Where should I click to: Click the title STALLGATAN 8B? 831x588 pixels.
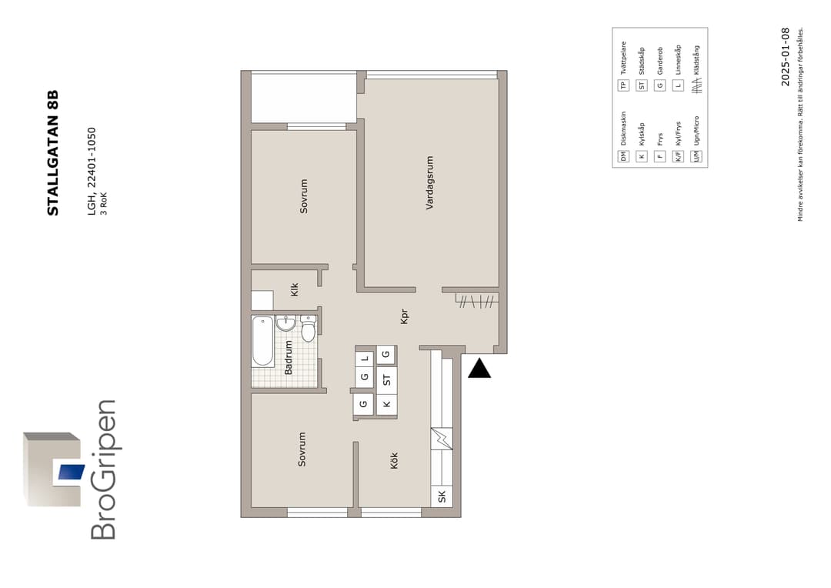pyautogui.click(x=52, y=152)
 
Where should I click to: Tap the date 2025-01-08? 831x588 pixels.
pyautogui.click(x=785, y=57)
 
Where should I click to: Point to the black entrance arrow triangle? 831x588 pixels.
pyautogui.click(x=479, y=368)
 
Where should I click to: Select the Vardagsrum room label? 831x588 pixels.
pyautogui.click(x=429, y=182)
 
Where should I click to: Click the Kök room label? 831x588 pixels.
pyautogui.click(x=394, y=460)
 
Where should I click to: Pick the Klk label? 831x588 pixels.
pyautogui.click(x=294, y=289)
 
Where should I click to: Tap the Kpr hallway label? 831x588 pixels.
pyautogui.click(x=404, y=316)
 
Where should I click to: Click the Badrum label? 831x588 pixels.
pyautogui.click(x=289, y=357)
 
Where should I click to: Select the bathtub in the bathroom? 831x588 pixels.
pyautogui.click(x=262, y=341)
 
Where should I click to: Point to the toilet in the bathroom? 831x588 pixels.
pyautogui.click(x=308, y=328)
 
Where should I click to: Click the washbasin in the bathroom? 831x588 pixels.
pyautogui.click(x=285, y=323)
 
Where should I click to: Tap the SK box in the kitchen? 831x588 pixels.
pyautogui.click(x=442, y=496)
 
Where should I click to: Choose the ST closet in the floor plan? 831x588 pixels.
pyautogui.click(x=386, y=380)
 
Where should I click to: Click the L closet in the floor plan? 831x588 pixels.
pyautogui.click(x=365, y=359)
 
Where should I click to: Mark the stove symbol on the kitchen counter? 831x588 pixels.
pyautogui.click(x=442, y=439)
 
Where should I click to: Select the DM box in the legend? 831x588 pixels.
pyautogui.click(x=623, y=156)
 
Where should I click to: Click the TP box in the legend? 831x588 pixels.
pyautogui.click(x=623, y=85)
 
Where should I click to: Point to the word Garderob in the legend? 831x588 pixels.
pyautogui.click(x=660, y=61)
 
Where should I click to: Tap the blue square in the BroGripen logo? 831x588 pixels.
pyautogui.click(x=72, y=471)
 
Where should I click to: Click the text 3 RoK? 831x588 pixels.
pyautogui.click(x=104, y=204)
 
